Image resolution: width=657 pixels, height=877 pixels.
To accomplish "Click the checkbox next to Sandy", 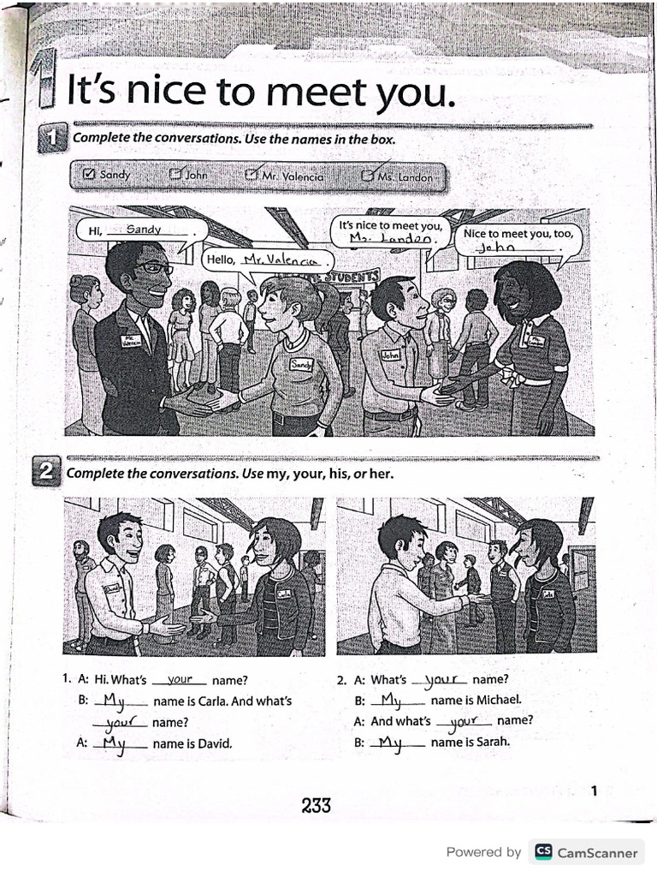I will [x=88, y=175].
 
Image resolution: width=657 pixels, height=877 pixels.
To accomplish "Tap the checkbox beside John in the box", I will [x=175, y=175].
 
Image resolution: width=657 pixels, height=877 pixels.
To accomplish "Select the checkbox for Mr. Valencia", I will [x=252, y=175].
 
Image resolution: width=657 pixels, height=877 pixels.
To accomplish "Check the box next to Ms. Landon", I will [x=367, y=176].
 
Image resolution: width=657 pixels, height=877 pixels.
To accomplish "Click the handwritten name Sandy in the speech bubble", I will [x=144, y=229].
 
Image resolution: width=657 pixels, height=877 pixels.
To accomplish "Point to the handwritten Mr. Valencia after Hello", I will [x=280, y=259].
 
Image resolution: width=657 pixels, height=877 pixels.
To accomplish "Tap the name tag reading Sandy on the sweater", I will [x=301, y=364].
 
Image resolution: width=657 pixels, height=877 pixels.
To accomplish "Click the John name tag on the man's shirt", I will [x=390, y=354].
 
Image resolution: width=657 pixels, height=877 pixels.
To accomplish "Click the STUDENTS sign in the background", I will [x=352, y=276].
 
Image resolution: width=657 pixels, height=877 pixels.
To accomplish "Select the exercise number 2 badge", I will [x=47, y=473].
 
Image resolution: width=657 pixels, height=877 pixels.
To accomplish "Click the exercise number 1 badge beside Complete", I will [x=52, y=138].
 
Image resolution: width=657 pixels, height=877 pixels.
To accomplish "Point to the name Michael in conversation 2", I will [x=498, y=700].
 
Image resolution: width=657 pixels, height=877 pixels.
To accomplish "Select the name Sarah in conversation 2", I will [x=492, y=742].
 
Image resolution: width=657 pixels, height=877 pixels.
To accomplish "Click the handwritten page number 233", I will [x=316, y=805].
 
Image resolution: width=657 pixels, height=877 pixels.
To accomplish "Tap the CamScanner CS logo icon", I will [x=542, y=852].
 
